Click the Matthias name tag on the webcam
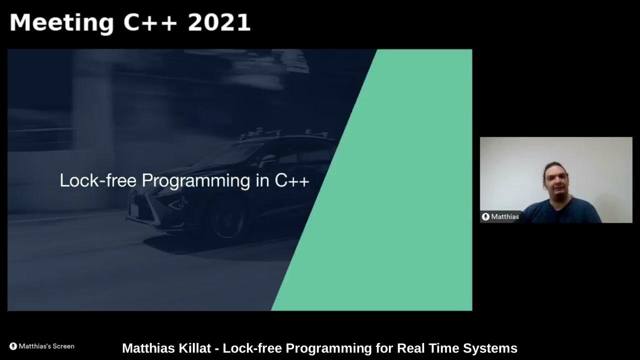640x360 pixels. coord(504,216)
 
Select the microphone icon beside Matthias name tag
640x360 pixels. coord(485,216)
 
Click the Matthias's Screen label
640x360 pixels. coord(46,346)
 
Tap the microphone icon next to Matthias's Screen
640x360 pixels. coord(13,346)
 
